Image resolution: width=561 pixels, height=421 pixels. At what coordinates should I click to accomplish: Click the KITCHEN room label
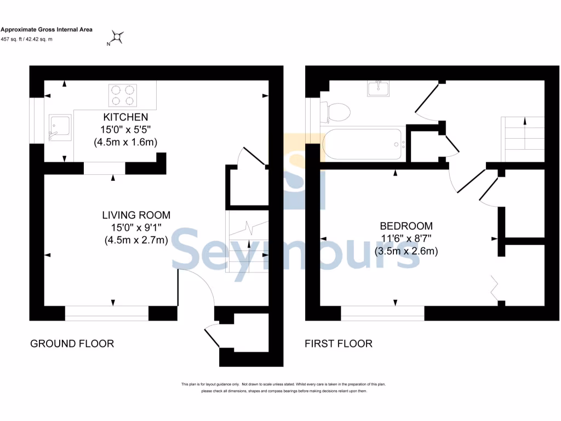[x=125, y=117]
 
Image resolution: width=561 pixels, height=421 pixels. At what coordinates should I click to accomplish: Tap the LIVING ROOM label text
[x=136, y=215]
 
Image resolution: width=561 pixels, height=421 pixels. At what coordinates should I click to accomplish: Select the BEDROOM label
[x=406, y=226]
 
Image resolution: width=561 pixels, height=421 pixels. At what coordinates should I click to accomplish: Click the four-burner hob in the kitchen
[x=122, y=94]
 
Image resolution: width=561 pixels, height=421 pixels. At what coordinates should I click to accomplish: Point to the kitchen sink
[x=59, y=128]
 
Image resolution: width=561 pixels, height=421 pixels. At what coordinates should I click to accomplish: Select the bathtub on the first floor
[x=363, y=144]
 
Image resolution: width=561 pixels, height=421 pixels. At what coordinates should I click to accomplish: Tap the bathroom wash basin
[x=378, y=88]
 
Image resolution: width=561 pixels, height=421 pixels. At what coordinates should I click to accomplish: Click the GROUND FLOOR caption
[x=72, y=344]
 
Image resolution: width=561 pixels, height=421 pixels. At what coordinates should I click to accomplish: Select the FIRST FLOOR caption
[x=339, y=344]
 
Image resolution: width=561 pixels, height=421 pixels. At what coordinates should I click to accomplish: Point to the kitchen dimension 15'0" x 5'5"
[x=125, y=130]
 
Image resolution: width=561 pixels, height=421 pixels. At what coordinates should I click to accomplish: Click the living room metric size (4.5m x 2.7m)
[x=136, y=240]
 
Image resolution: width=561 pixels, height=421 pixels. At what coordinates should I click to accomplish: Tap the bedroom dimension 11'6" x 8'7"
[x=406, y=238]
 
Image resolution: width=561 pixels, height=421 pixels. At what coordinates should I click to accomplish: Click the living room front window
[x=106, y=313]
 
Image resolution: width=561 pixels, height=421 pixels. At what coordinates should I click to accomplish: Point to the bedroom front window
[x=382, y=313]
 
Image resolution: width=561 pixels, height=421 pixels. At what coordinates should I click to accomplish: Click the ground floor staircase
[x=248, y=241]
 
